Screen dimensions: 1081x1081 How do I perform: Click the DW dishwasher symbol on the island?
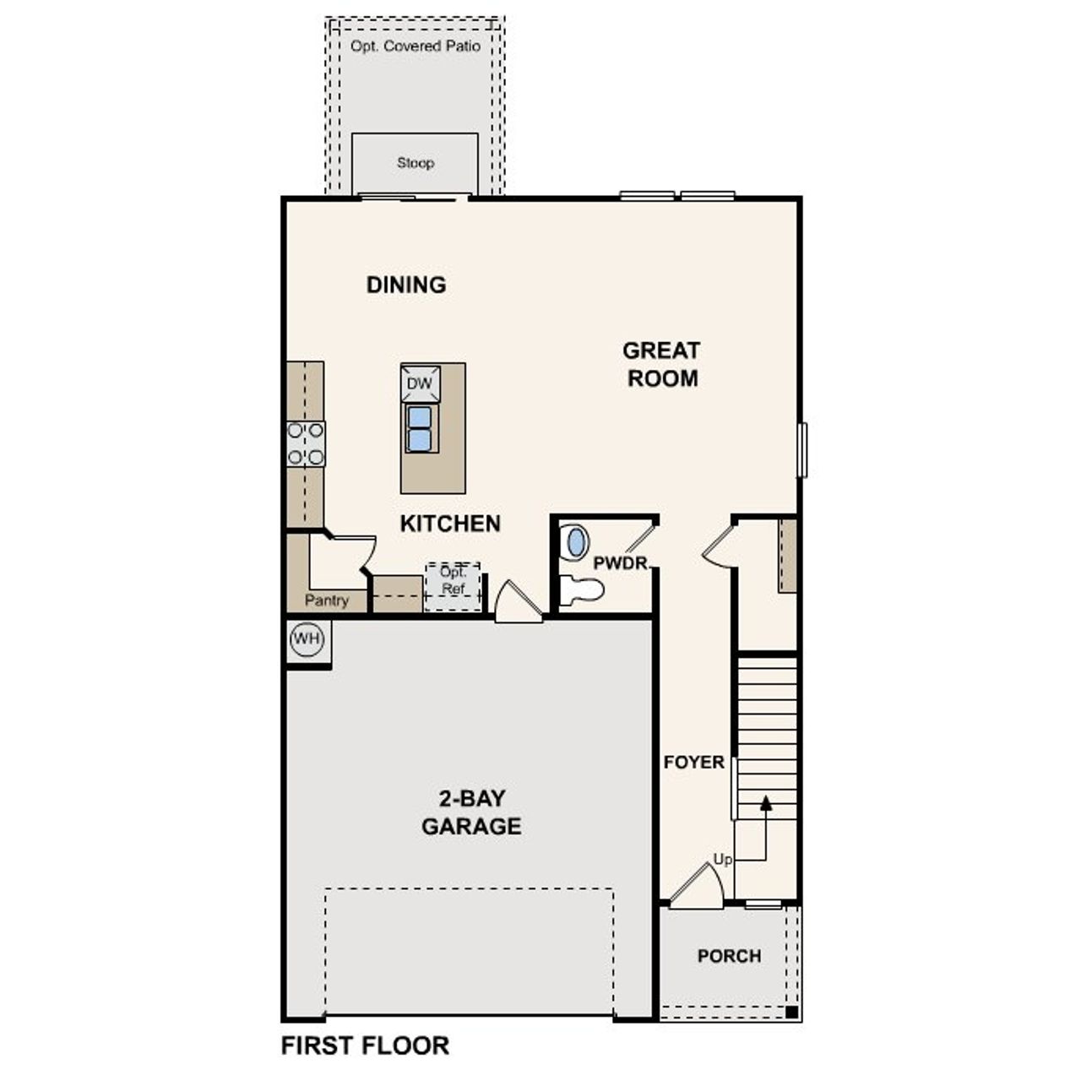[x=420, y=383]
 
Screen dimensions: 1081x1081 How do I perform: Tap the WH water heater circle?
[x=306, y=639]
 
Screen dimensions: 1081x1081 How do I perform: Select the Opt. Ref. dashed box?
[x=454, y=586]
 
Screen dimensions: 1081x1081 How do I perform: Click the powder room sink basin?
[x=576, y=542]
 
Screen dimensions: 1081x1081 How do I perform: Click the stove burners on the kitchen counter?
[x=305, y=444]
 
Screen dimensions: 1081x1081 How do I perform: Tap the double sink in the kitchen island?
[x=420, y=429]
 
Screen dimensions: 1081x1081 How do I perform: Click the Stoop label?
[x=416, y=163]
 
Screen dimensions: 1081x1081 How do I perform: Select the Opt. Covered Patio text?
[x=416, y=46]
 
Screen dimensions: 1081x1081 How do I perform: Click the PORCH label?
[x=729, y=956]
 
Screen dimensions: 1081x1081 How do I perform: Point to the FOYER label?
[x=693, y=763]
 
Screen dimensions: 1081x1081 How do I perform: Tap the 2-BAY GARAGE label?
[x=471, y=812]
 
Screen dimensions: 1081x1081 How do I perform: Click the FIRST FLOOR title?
[x=365, y=1046]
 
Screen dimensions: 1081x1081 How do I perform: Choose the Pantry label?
[x=326, y=600]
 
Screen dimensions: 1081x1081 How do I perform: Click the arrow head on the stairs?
[x=766, y=802]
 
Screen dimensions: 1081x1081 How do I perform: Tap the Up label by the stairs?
[x=722, y=860]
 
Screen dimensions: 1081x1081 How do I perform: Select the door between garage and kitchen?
[x=516, y=604]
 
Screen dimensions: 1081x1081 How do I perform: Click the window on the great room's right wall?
[x=802, y=450]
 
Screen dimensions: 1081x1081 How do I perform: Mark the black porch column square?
[x=791, y=1012]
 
